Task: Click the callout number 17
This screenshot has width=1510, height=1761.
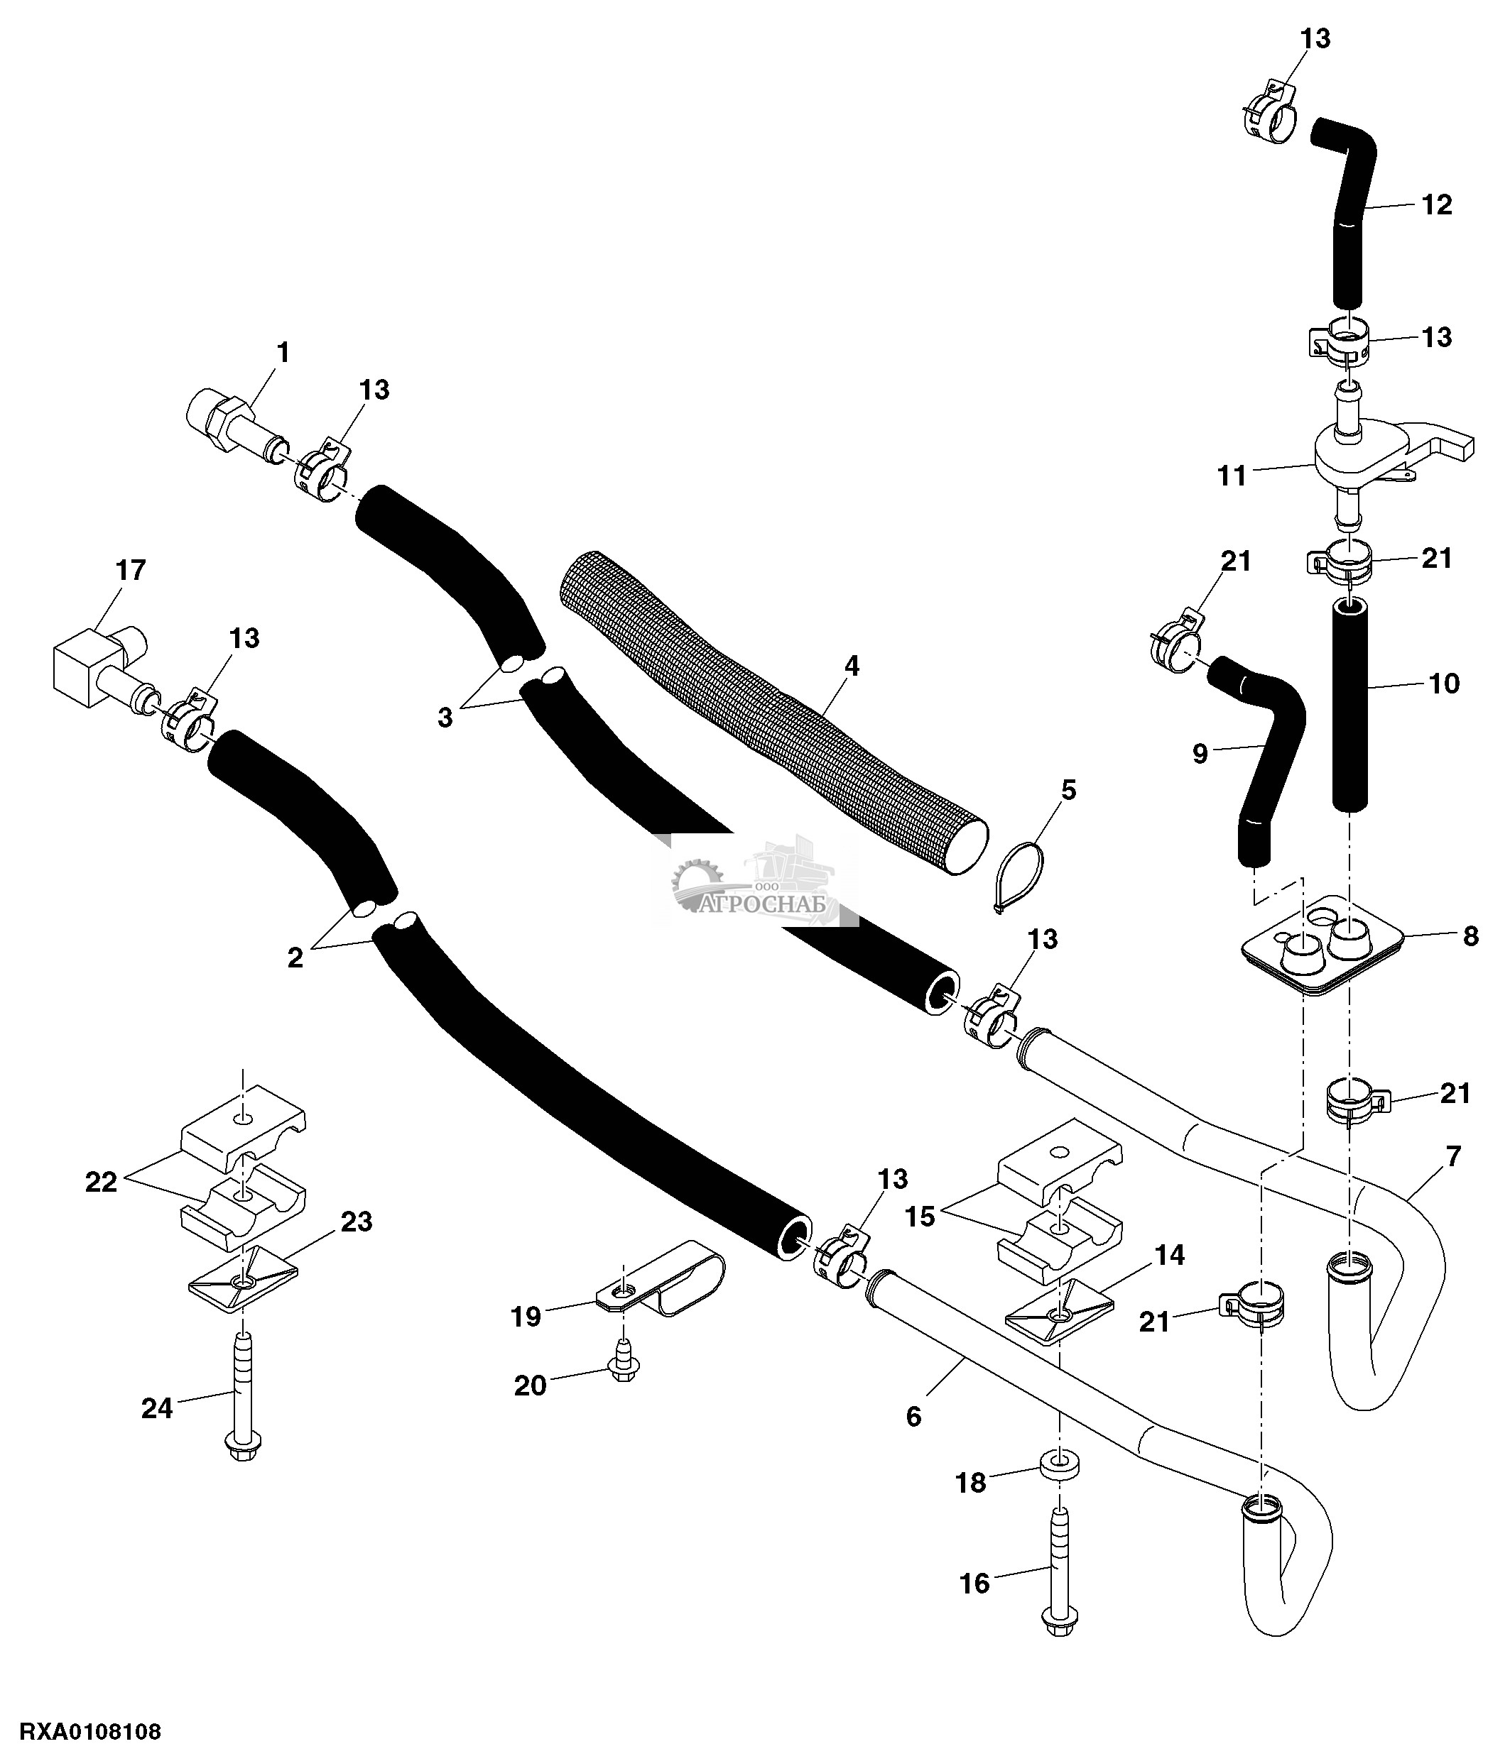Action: [131, 569]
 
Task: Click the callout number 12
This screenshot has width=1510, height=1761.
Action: [1436, 205]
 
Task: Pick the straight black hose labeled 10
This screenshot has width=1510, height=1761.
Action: [1349, 706]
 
